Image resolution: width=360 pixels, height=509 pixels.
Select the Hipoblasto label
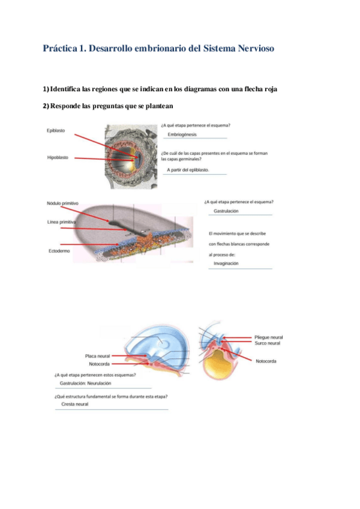pos(58,158)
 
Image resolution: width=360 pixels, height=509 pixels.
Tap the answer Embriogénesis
pos(182,134)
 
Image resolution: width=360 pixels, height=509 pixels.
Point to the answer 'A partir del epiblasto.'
pos(188,170)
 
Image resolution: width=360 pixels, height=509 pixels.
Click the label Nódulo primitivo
pos(63,203)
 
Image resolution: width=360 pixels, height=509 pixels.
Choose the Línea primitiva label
pos(62,223)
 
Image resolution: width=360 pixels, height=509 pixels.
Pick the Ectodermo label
pos(59,250)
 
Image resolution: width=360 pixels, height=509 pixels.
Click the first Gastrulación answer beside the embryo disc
pos(226,211)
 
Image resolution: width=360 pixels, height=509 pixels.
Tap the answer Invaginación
pos(226,264)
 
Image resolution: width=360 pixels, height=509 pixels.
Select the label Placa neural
pos(97,356)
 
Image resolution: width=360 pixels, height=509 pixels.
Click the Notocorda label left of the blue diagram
pos(99,364)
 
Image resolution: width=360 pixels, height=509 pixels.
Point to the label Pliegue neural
pos(268,337)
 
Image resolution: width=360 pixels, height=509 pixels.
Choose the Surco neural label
pos(267,343)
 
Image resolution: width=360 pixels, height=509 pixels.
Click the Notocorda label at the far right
pos(266,361)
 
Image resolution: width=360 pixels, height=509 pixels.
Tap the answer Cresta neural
pos(75,404)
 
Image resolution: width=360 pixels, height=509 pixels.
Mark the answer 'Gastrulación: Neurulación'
pos(86,383)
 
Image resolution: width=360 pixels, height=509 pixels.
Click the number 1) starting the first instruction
pos(46,89)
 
